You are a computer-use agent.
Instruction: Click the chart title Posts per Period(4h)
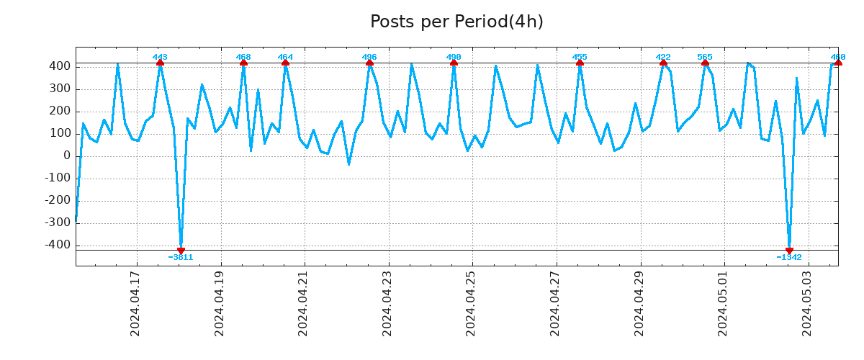tap(456, 22)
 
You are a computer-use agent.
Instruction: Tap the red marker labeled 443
tap(160, 63)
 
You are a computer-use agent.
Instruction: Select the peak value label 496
tap(369, 57)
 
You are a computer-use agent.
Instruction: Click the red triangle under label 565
tap(705, 63)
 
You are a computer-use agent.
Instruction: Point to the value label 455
tap(580, 57)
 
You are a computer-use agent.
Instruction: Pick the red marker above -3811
tap(181, 250)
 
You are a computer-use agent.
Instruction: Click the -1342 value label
tap(789, 257)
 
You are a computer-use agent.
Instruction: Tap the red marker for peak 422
tap(663, 63)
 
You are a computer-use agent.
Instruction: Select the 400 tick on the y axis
tap(60, 66)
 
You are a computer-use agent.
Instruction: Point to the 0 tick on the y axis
tap(67, 156)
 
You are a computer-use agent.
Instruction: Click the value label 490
tap(454, 57)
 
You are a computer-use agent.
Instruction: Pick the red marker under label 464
tap(286, 63)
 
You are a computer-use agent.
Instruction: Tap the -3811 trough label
tap(181, 257)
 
